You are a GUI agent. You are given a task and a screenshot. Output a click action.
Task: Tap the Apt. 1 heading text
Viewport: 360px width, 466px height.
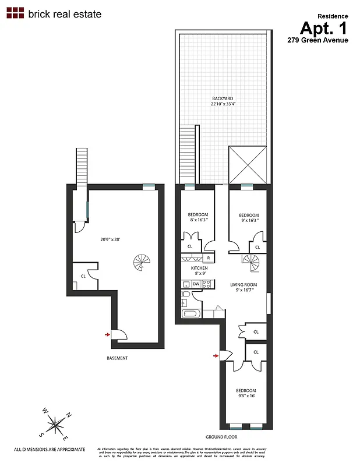[323, 28]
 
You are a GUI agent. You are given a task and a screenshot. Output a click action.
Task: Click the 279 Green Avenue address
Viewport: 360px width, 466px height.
[317, 40]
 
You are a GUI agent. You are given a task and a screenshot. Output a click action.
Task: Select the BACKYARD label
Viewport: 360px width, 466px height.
[223, 99]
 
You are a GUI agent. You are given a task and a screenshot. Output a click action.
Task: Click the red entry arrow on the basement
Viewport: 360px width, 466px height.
[107, 334]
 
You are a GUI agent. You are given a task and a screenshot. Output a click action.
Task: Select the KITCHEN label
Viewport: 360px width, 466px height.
[199, 268]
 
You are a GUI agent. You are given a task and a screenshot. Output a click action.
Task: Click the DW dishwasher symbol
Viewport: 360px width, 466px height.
[196, 284]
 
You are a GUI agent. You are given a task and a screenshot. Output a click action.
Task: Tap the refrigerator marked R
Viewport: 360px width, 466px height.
[208, 257]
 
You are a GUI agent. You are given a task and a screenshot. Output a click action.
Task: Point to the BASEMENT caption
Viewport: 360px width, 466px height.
[117, 358]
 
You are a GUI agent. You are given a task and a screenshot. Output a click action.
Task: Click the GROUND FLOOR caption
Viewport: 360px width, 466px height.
[221, 436]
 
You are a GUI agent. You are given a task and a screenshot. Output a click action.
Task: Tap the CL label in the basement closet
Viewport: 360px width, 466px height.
[83, 276]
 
